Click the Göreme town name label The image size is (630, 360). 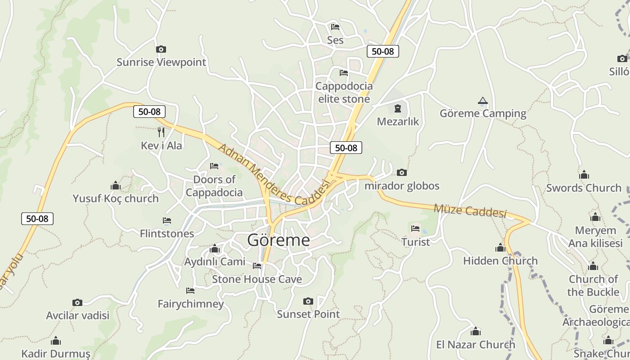[279, 240]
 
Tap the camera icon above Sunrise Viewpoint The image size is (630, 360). [161, 49]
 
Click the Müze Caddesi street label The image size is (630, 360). [470, 211]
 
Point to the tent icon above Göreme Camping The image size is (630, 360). [483, 100]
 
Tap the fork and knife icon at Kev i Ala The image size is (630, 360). [161, 132]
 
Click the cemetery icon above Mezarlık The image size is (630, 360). [398, 108]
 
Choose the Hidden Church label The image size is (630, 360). [500, 261]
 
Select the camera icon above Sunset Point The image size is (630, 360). [308, 301]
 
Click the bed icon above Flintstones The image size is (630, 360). [167, 220]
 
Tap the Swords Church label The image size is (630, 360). [584, 188]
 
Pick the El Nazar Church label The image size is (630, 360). [476, 345]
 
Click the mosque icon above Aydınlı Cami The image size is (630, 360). [215, 248]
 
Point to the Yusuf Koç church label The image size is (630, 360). [116, 198]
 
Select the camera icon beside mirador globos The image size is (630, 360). [402, 172]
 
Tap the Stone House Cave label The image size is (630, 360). [257, 279]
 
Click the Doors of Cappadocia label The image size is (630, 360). [214, 186]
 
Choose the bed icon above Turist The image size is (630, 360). [415, 229]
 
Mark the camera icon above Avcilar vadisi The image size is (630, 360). [77, 302]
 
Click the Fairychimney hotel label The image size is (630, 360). [191, 304]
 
